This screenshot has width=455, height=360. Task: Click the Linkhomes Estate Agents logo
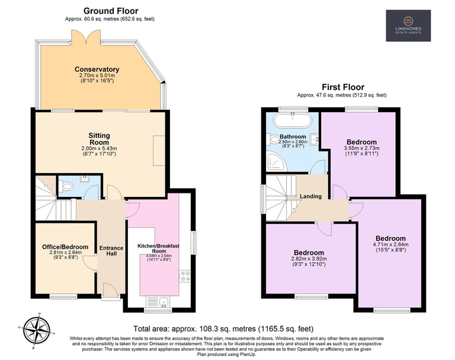(x=408, y=26)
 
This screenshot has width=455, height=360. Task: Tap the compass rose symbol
(x=37, y=331)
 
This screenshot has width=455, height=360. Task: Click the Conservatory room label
(x=97, y=69)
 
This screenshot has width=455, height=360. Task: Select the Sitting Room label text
(x=100, y=139)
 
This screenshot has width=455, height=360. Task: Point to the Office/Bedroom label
(x=65, y=247)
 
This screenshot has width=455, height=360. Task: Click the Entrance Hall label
(x=111, y=251)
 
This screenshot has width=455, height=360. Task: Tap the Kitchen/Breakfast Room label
(x=158, y=249)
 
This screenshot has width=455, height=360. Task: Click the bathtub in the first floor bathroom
(x=293, y=120)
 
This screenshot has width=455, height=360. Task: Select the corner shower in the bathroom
(x=277, y=162)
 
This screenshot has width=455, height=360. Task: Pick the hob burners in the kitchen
(x=185, y=276)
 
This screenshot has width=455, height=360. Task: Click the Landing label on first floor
(x=311, y=196)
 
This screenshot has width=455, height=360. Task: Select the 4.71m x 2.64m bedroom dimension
(x=390, y=244)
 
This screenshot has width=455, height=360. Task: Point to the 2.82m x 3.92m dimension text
(x=309, y=259)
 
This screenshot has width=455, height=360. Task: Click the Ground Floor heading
(x=111, y=11)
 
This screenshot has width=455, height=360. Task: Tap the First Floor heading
(x=343, y=87)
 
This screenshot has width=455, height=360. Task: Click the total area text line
(x=223, y=329)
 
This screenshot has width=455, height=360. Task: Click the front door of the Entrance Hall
(x=110, y=290)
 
